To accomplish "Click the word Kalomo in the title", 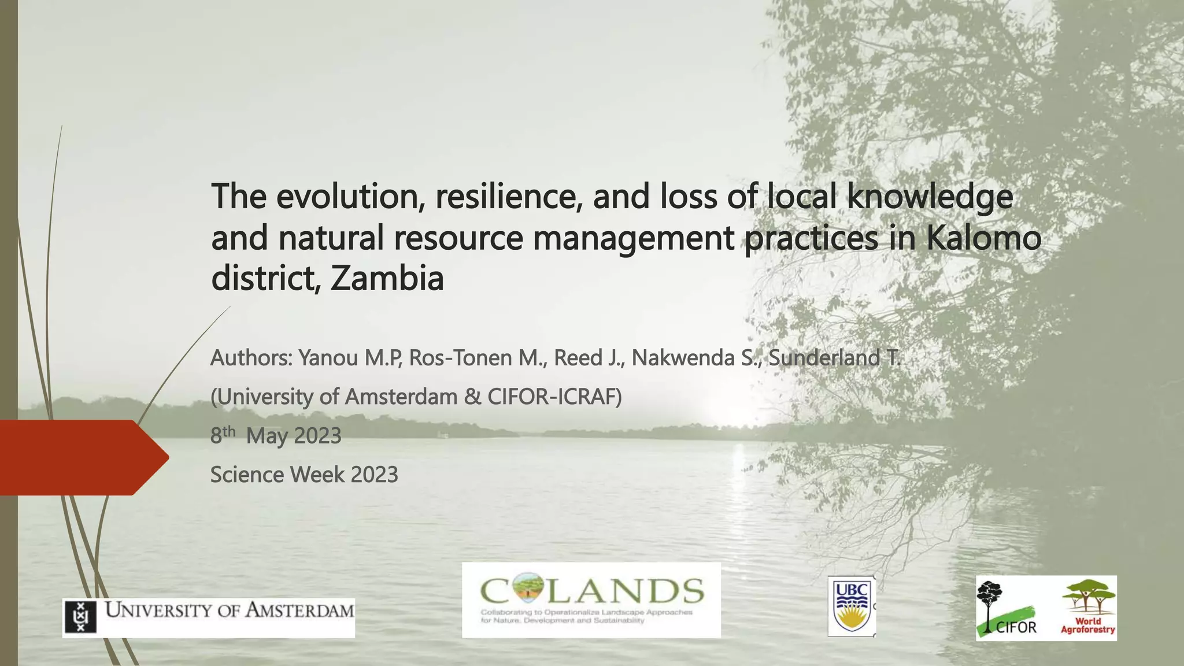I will pyautogui.click(x=983, y=238).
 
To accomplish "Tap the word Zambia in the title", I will pyautogui.click(x=387, y=278).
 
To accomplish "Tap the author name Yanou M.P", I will pyautogui.click(x=350, y=358).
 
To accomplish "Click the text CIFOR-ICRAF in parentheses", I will pyautogui.click(x=552, y=397).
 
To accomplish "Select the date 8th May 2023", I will pyautogui.click(x=276, y=435).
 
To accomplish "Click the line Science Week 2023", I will pyautogui.click(x=304, y=475).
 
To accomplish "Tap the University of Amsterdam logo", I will pyautogui.click(x=208, y=617).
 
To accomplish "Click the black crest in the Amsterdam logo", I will pyautogui.click(x=80, y=617).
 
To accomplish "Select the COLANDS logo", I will pyautogui.click(x=591, y=600).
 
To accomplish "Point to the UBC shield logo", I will pyautogui.click(x=851, y=606).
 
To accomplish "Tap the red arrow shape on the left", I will pyautogui.click(x=81, y=457).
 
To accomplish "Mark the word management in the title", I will pyautogui.click(x=633, y=238).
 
